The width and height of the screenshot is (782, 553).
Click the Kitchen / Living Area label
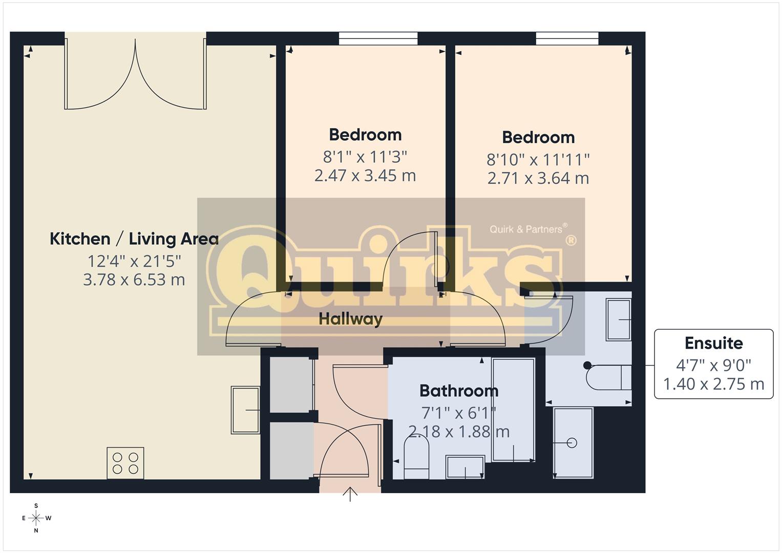coord(134,239)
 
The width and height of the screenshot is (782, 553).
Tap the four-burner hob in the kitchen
coord(125,463)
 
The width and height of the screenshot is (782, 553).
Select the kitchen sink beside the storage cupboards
coord(245,410)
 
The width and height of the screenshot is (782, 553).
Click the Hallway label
coord(350,319)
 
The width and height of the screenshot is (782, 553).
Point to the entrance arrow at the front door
coord(350,494)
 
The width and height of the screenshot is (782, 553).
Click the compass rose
coord(36,518)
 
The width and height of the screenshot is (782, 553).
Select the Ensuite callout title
coord(713,343)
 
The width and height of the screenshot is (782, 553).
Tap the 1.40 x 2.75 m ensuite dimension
coord(713,384)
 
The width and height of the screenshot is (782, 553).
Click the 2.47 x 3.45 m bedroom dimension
coord(365,176)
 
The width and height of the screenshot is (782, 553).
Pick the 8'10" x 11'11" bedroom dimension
coord(538,160)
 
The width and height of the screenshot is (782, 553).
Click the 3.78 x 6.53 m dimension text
coord(134,280)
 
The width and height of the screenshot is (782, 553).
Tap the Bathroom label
coord(459,391)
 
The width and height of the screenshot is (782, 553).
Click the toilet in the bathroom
coord(416,458)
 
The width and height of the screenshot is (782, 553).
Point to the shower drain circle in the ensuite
coord(572,443)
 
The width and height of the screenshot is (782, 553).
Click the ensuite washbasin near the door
coord(619,319)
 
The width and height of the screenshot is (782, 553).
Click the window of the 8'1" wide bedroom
coord(378,38)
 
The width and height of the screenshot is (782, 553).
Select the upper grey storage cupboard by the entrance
coord(292,385)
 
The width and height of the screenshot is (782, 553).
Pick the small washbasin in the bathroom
coord(466,467)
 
